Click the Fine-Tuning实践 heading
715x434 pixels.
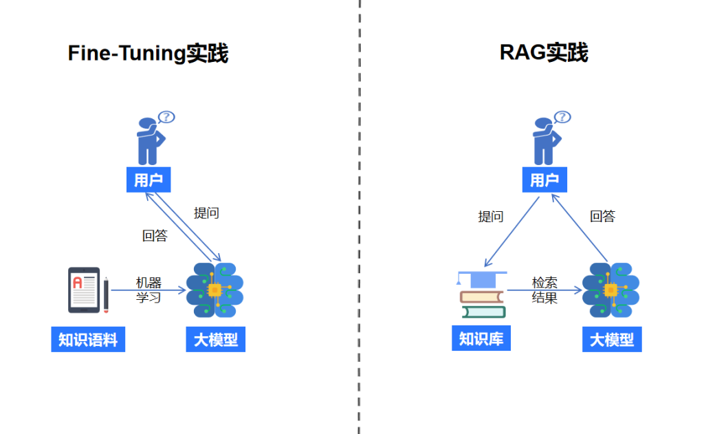[148, 53]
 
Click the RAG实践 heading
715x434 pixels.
[544, 52]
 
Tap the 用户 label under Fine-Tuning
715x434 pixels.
[148, 180]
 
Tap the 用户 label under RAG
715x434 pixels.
[544, 180]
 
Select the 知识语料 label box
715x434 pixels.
[88, 340]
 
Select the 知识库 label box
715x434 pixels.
[481, 339]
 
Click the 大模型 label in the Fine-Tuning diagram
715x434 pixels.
[215, 340]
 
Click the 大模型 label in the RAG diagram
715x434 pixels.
[612, 340]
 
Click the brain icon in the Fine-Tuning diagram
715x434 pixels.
[215, 290]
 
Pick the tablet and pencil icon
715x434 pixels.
[88, 290]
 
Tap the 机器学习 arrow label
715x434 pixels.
[148, 290]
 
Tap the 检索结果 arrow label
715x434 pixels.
[544, 290]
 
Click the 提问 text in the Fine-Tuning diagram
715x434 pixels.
[206, 213]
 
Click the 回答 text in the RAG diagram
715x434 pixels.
[602, 217]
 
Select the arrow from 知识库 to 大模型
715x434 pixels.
[543, 290]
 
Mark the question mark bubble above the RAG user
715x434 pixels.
[562, 117]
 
